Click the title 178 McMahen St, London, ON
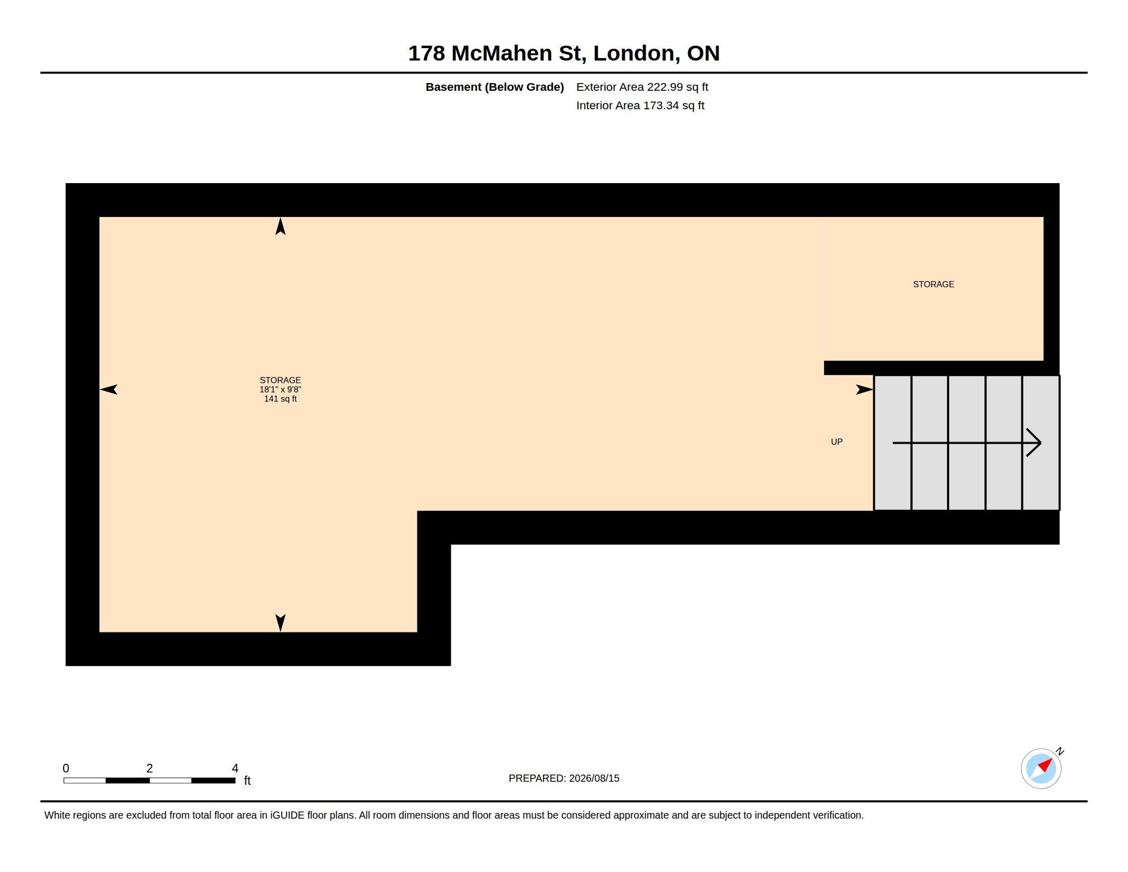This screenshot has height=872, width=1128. click(x=564, y=53)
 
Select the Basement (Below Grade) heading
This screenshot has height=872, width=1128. click(x=494, y=87)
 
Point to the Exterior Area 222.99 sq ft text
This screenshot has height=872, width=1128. click(x=642, y=87)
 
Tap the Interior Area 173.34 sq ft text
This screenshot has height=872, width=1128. click(x=640, y=105)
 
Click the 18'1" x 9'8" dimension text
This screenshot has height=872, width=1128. click(x=280, y=389)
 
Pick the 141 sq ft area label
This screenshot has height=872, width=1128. click(x=280, y=399)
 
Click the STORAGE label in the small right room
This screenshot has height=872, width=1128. click(x=933, y=284)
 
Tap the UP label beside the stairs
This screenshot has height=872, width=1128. click(x=837, y=442)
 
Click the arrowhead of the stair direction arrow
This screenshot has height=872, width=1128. click(x=1034, y=443)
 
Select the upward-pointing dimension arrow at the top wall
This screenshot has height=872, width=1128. click(x=280, y=226)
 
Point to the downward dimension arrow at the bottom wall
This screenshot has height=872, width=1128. click(x=280, y=623)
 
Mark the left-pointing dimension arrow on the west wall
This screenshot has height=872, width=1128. click(x=109, y=389)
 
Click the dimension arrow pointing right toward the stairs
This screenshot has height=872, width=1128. click(x=864, y=389)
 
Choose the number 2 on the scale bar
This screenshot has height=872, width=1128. click(x=150, y=768)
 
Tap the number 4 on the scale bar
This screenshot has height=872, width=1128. click(x=235, y=768)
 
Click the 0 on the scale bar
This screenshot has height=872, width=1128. click(x=66, y=768)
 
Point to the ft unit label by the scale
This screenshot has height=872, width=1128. click(x=248, y=781)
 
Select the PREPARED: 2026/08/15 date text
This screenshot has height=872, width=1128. click(x=564, y=779)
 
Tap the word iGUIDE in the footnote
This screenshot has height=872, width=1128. click(x=287, y=816)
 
